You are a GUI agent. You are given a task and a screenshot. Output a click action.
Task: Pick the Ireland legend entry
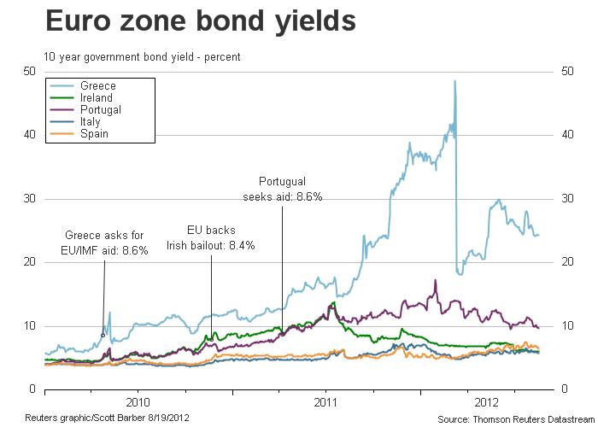(96, 98)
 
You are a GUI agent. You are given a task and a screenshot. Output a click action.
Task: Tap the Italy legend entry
(90, 122)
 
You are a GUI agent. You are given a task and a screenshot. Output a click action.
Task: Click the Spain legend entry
(93, 134)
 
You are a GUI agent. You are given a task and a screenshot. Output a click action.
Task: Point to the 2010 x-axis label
(138, 401)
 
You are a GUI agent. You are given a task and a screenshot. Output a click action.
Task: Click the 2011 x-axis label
(325, 401)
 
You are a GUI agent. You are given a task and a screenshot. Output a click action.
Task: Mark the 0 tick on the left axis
(32, 389)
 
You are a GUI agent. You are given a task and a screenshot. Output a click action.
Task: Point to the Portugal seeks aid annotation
(282, 189)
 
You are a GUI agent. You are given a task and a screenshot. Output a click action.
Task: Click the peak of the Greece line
(454, 81)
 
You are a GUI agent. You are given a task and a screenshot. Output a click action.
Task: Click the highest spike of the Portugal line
(436, 280)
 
